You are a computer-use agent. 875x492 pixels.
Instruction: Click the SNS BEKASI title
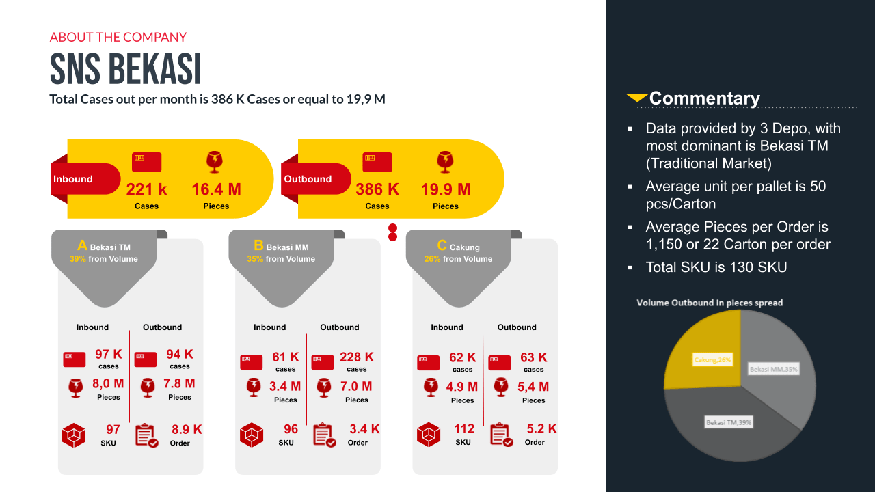point(125,69)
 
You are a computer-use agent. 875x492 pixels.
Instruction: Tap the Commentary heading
point(704,98)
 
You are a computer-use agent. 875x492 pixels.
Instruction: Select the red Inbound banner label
point(73,179)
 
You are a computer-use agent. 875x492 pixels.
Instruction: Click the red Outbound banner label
point(308,179)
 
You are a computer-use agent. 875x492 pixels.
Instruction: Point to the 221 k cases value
point(146,189)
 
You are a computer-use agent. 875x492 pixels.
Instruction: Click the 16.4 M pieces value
point(216,189)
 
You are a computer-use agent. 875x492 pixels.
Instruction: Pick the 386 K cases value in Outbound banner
point(377,189)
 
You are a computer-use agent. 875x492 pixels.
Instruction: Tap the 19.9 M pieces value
point(446,189)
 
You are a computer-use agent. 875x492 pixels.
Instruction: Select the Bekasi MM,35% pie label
point(773,369)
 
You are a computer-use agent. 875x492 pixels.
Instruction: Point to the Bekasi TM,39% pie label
point(729,423)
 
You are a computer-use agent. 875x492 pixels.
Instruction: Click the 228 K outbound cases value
point(357,357)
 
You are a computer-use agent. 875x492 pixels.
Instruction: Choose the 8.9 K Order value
point(187,430)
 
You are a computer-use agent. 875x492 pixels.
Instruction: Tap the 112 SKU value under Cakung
point(463,429)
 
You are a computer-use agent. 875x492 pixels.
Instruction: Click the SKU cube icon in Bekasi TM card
point(74,435)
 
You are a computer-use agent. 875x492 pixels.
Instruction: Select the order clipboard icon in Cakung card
point(502,435)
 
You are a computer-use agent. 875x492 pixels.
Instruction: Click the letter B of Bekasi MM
point(258,245)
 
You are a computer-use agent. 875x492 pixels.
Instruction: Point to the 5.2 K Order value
point(541,429)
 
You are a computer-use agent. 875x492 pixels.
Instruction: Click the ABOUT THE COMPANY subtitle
point(118,37)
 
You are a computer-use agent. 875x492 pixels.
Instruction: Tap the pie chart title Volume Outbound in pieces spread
point(710,303)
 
